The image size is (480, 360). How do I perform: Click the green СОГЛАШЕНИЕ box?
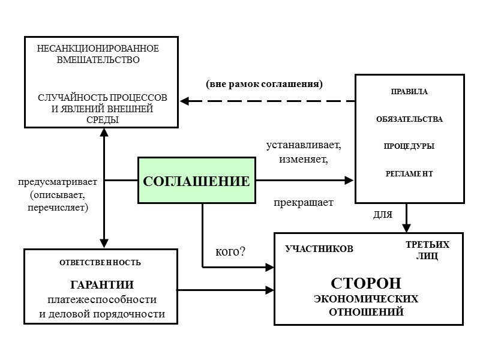[195, 180]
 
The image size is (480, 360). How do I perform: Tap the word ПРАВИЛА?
[409, 92]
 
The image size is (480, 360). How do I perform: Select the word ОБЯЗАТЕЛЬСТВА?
[409, 119]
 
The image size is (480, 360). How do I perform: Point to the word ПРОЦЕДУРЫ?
[409, 146]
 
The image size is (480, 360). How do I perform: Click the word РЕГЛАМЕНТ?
[409, 173]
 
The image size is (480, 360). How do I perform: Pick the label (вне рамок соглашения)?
[265, 84]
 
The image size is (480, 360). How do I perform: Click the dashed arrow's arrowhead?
[185, 101]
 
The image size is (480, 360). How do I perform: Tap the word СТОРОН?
[366, 283]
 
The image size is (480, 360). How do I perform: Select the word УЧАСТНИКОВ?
[319, 248]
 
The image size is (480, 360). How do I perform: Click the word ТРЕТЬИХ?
[427, 246]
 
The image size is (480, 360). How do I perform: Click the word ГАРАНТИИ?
[102, 284]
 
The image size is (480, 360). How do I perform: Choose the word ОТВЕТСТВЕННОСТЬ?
[100, 262]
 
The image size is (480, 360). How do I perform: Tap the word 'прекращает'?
[304, 203]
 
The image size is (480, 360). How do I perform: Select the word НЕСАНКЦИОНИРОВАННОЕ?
[98, 48]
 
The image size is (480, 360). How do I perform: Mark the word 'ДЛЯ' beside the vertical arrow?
[382, 215]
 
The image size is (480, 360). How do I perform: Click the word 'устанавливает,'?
[304, 146]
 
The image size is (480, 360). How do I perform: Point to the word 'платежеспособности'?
[102, 299]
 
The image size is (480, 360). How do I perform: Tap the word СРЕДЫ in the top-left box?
[102, 119]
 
